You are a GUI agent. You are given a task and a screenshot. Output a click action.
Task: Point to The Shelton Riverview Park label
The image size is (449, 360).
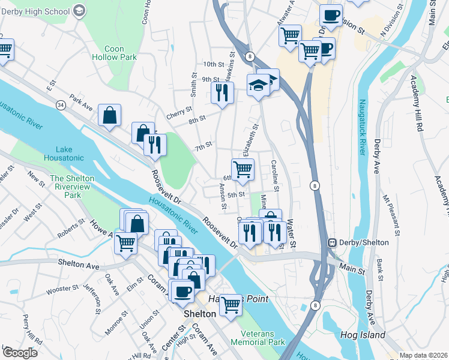73,187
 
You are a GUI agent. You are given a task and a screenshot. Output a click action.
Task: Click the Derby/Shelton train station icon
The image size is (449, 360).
331,242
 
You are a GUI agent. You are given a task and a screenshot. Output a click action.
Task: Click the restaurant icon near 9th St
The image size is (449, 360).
222,92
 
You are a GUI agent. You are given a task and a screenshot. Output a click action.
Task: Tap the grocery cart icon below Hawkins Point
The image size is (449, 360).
231,305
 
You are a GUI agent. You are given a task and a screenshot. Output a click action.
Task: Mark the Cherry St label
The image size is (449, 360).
180,110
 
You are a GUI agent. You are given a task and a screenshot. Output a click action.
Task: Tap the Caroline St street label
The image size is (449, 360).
276,175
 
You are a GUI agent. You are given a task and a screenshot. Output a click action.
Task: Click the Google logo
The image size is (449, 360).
20,352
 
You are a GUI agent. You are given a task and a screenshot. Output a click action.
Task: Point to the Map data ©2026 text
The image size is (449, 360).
423,355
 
